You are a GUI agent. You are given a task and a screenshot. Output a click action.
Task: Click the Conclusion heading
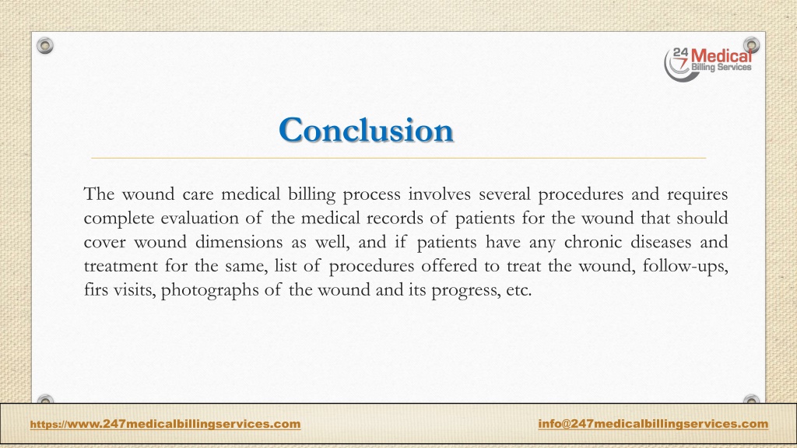pyautogui.click(x=366, y=130)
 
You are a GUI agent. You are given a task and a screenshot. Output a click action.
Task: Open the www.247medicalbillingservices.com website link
pyautogui.click(x=165, y=424)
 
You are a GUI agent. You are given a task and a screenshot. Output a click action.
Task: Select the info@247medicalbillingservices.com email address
pyautogui.click(x=652, y=423)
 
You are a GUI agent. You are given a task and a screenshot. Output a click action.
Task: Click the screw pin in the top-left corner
pyautogui.click(x=46, y=46)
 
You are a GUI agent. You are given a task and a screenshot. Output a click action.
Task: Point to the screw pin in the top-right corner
pyautogui.click(x=751, y=45)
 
